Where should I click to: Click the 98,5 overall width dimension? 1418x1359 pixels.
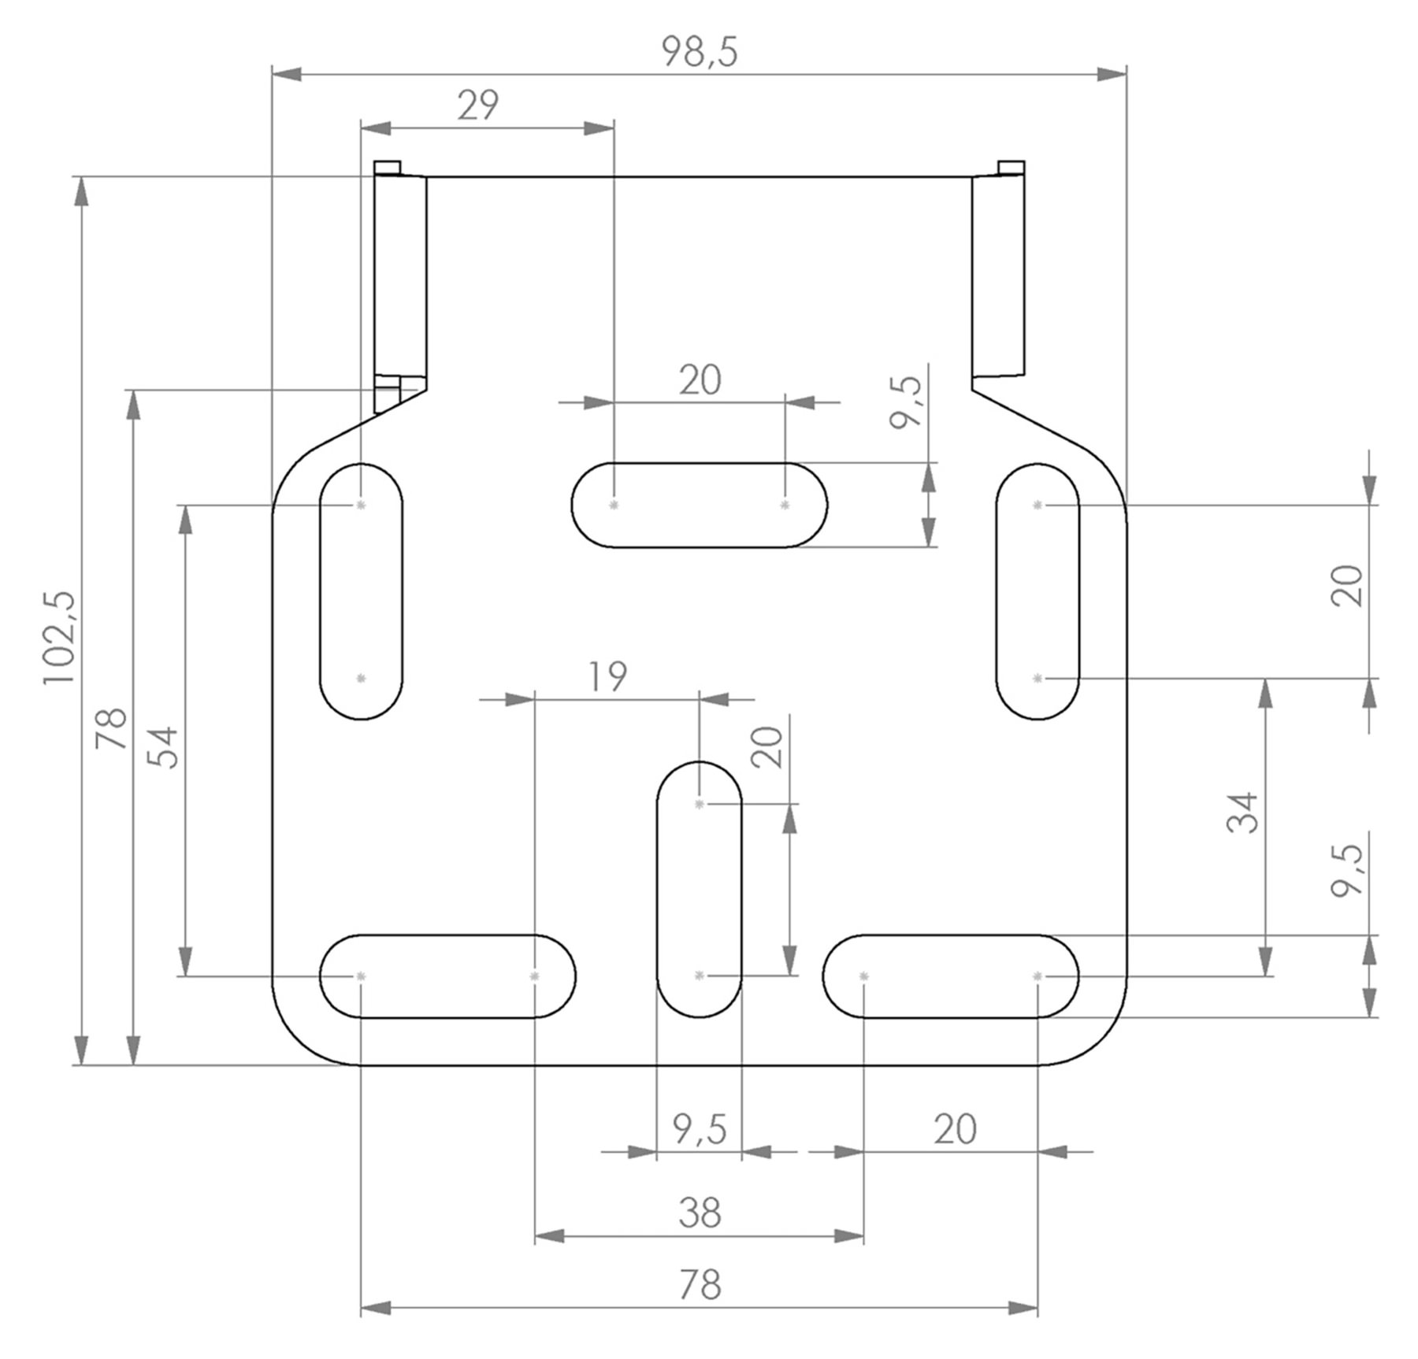[x=699, y=53]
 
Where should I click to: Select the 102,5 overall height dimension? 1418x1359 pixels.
[x=60, y=638]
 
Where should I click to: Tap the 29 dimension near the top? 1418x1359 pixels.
[x=478, y=106]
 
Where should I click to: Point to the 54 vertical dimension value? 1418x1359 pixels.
[x=164, y=748]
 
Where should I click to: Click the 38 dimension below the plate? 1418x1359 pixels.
[x=700, y=1213]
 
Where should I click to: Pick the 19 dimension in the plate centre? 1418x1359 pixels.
[x=607, y=676]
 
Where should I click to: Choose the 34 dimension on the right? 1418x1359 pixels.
[x=1243, y=813]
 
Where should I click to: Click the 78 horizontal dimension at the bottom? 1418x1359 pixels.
[x=700, y=1286]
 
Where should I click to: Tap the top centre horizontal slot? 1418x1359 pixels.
[x=700, y=505]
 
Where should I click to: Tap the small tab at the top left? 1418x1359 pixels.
[x=387, y=168]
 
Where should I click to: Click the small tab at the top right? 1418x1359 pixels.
[x=1012, y=168]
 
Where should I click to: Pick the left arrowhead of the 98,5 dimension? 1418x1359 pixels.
[x=285, y=74]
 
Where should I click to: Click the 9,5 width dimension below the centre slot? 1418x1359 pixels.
[x=700, y=1129]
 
